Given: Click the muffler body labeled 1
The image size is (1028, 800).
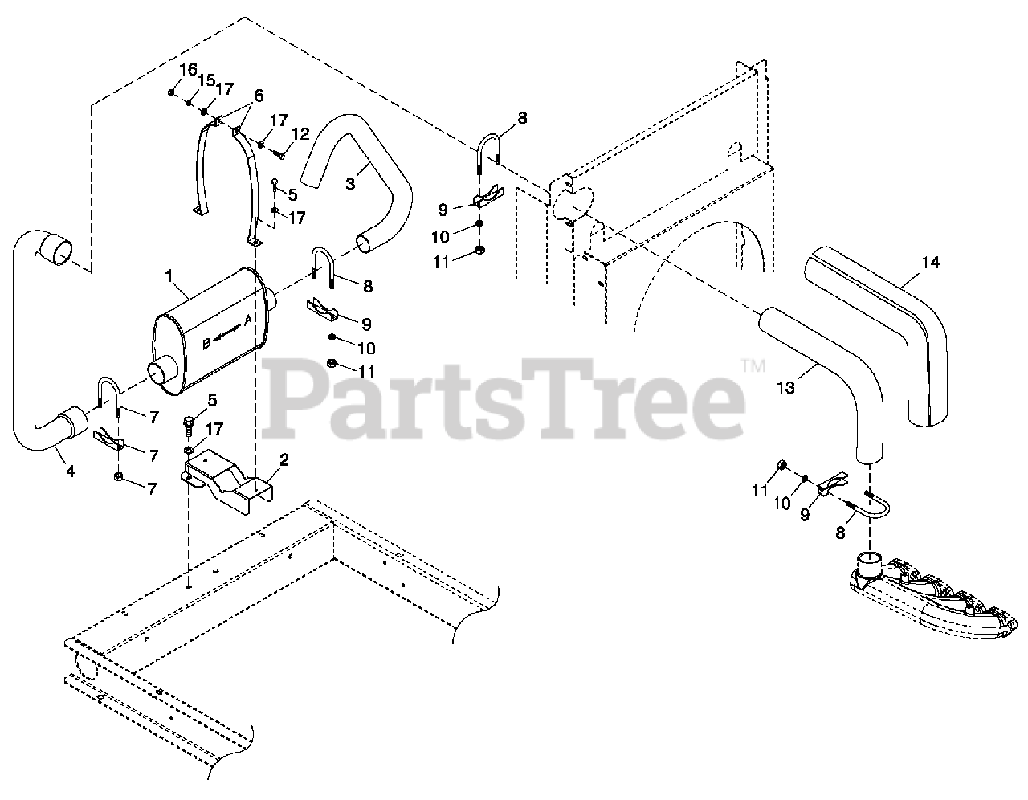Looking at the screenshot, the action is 209,329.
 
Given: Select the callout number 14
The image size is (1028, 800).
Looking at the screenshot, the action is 930,262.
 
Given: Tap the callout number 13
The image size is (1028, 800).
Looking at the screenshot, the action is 785,387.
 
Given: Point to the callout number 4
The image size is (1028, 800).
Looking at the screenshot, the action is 70,471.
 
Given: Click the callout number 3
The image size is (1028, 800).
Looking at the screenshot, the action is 350,184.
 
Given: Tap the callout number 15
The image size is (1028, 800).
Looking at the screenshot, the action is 207,80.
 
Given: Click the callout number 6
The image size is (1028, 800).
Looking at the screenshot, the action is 258,94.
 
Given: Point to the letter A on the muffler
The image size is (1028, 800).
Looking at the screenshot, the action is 248,320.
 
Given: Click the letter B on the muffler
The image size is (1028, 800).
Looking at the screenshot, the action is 206,344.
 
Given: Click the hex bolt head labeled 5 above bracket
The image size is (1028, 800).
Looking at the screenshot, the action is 190,421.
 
